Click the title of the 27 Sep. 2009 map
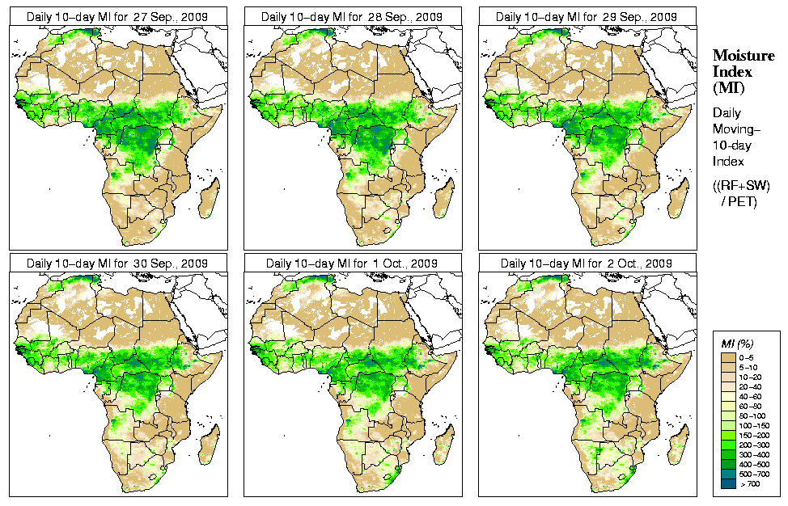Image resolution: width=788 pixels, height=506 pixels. (x=117, y=16)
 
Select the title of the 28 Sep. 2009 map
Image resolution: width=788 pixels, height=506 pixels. (x=352, y=16)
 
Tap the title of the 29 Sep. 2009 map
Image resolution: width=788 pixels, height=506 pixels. (x=587, y=16)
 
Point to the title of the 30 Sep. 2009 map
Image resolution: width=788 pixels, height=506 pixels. (x=117, y=264)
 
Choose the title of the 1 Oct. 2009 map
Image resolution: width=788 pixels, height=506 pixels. (x=352, y=264)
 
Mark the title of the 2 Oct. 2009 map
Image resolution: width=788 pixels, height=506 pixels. (x=587, y=264)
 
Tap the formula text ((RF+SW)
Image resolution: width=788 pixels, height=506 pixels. (x=741, y=185)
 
